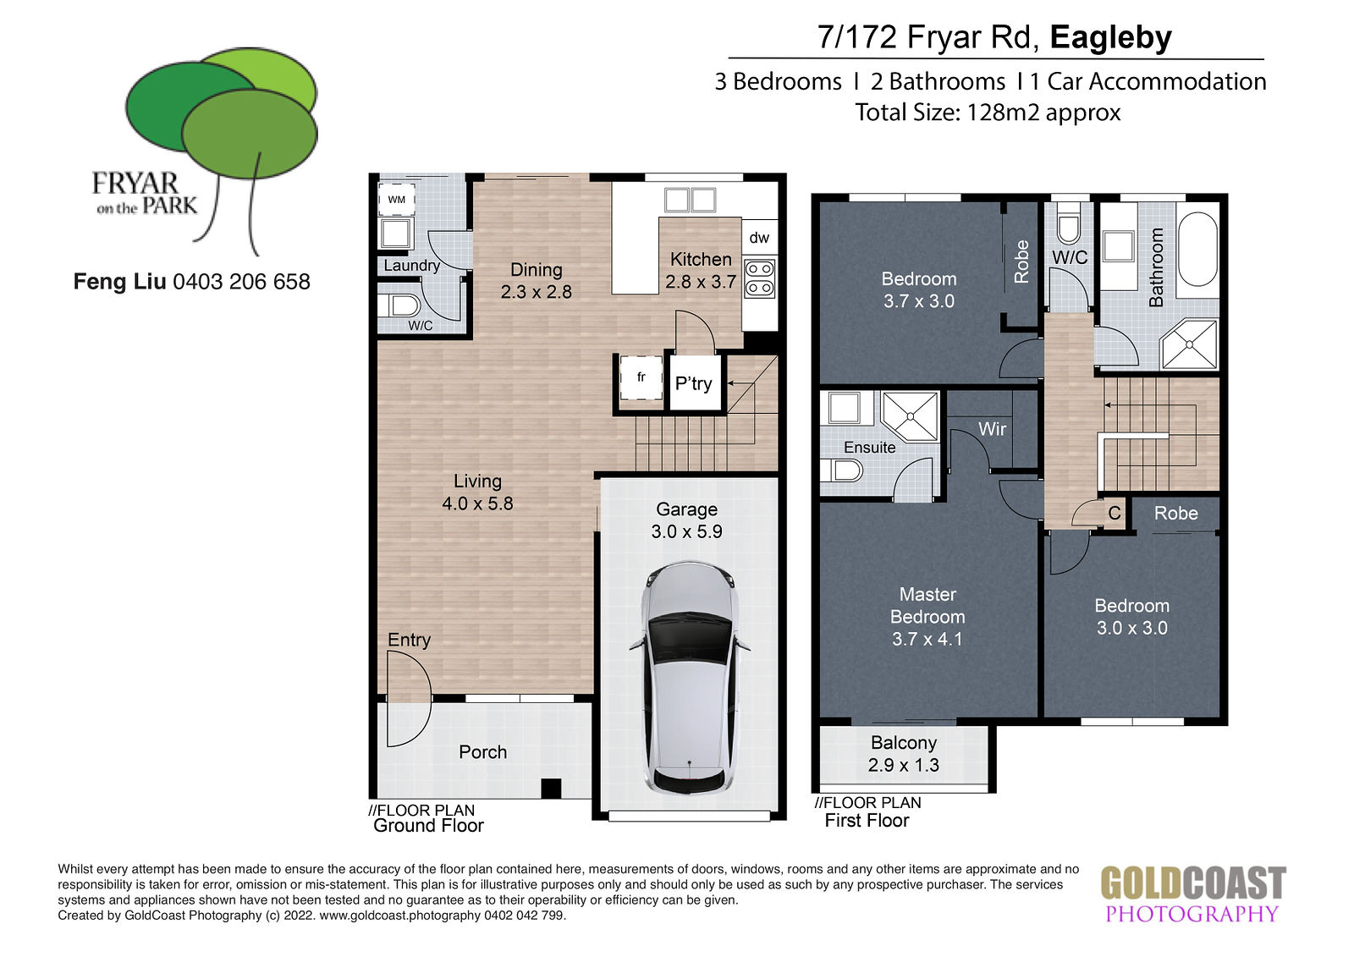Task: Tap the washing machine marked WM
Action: (x=397, y=200)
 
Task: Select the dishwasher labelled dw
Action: (x=760, y=237)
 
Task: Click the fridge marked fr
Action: (x=641, y=378)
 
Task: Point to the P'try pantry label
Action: (x=693, y=383)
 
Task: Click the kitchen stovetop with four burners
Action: (x=760, y=278)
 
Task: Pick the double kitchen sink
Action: (x=690, y=200)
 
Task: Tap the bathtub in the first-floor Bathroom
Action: (x=1197, y=249)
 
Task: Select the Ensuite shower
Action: (x=911, y=416)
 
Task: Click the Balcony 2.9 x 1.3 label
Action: (x=904, y=754)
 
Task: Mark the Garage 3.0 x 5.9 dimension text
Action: (x=686, y=531)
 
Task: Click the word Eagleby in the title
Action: (x=1111, y=37)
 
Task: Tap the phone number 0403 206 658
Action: (x=241, y=282)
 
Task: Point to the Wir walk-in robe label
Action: (x=992, y=429)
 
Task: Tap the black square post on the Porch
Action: (x=551, y=789)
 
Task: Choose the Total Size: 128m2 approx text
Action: (x=988, y=113)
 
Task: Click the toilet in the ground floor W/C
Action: (x=399, y=305)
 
